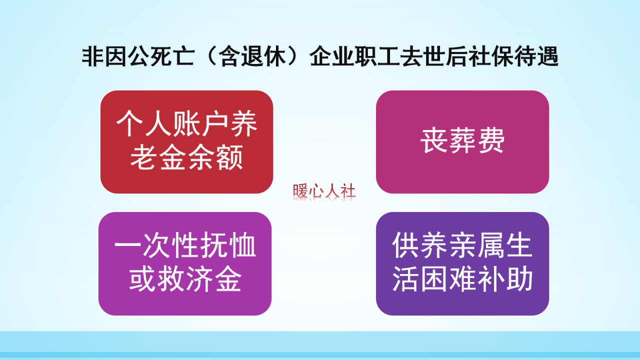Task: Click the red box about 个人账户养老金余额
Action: click(x=186, y=142)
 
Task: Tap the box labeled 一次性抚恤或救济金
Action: click(x=185, y=263)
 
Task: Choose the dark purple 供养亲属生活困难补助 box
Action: click(x=462, y=263)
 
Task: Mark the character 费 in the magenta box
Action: click(x=490, y=141)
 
